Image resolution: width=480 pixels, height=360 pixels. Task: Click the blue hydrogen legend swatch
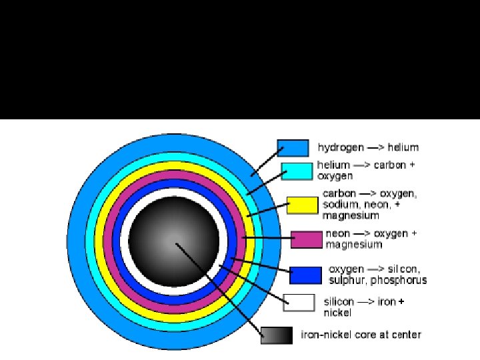pyautogui.click(x=292, y=147)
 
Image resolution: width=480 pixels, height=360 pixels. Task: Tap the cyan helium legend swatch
pyautogui.click(x=297, y=171)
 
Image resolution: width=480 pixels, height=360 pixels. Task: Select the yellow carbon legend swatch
pyautogui.click(x=302, y=205)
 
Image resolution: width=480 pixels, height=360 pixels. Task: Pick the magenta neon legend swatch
pyautogui.click(x=306, y=239)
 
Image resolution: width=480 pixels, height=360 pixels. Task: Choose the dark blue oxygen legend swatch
pyautogui.click(x=305, y=275)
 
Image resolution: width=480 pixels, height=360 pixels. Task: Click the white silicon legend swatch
pyautogui.click(x=299, y=302)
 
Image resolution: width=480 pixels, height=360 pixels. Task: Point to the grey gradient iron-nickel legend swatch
pyautogui.click(x=277, y=335)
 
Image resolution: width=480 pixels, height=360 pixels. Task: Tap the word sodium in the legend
pyautogui.click(x=341, y=205)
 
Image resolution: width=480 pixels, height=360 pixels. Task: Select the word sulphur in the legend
pyautogui.click(x=347, y=280)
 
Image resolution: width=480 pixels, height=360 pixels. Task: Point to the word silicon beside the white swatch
pyautogui.click(x=339, y=301)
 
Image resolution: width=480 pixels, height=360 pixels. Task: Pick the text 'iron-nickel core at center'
pyautogui.click(x=361, y=334)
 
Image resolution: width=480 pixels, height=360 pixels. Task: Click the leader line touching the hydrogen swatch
pyautogui.click(x=264, y=161)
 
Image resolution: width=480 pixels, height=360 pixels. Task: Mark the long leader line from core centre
pyautogui.click(x=220, y=290)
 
